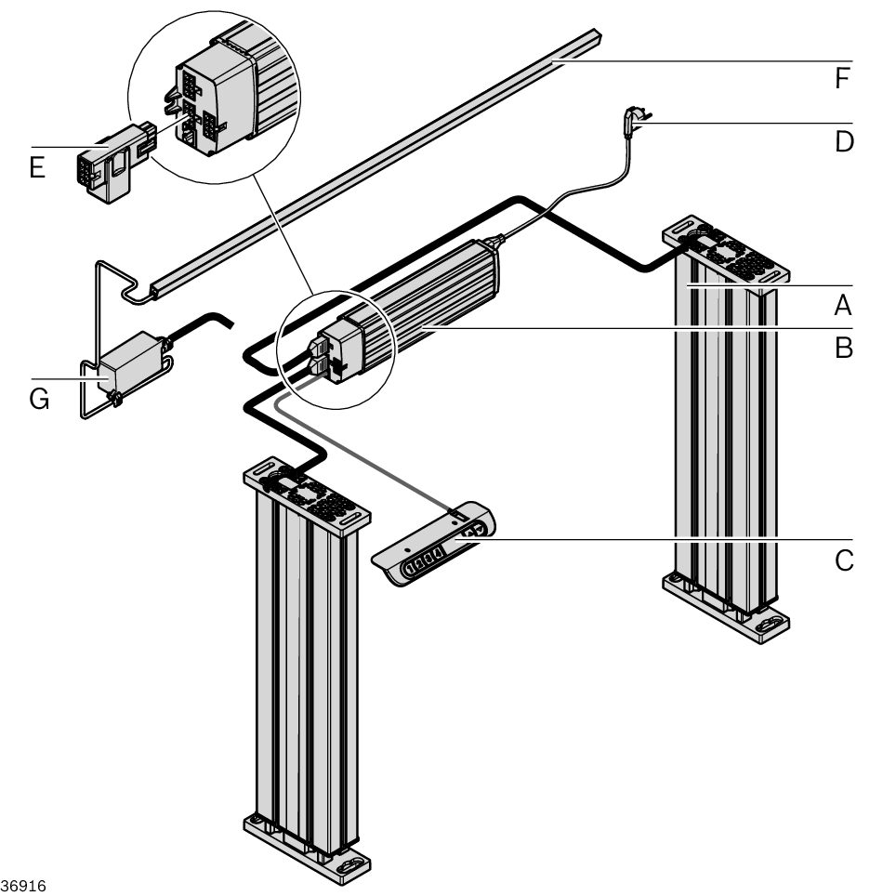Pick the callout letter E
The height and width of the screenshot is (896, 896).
(38, 169)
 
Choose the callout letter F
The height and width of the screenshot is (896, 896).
(842, 79)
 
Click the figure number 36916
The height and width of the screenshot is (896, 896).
(22, 884)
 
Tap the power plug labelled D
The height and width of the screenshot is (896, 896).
(636, 120)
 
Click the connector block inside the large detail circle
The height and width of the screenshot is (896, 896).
(214, 98)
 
